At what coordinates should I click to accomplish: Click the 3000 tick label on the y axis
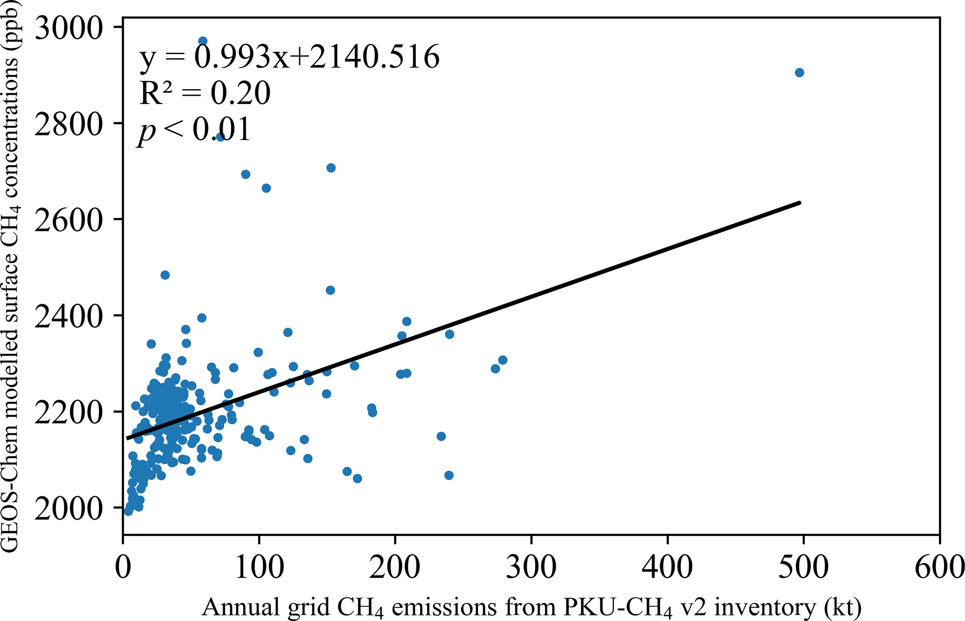(x=68, y=28)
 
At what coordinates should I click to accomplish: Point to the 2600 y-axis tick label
(x=68, y=220)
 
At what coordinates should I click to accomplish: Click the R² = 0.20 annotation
(x=204, y=92)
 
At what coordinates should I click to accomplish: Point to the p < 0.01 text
(x=194, y=130)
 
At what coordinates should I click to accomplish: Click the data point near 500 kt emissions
(x=799, y=72)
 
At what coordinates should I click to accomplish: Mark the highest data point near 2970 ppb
(x=203, y=41)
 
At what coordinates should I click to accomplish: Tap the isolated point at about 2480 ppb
(x=165, y=275)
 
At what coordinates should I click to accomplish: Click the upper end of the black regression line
(x=800, y=202)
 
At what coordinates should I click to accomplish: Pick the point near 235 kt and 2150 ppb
(x=441, y=436)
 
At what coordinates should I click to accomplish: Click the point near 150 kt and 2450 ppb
(x=330, y=290)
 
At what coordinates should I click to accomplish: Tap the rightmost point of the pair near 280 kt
(x=502, y=360)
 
